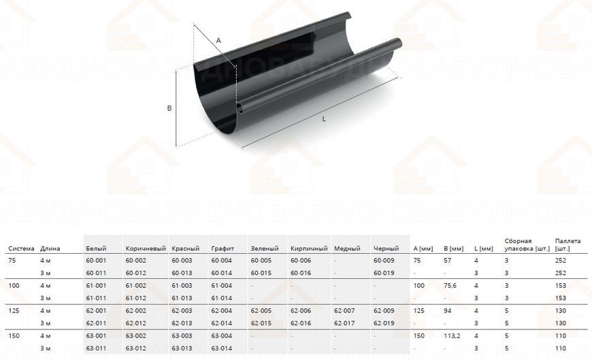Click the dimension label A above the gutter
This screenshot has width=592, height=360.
point(218,40)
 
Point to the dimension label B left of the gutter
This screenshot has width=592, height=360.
point(169,108)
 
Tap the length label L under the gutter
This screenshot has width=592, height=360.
point(324,119)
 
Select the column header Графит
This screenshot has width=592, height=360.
point(223,248)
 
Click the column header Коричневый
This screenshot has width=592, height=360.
point(146,248)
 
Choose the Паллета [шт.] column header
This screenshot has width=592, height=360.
point(568,244)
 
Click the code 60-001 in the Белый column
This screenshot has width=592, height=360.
point(96,260)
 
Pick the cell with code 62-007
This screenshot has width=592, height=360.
point(344,310)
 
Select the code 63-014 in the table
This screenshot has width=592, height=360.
point(222,348)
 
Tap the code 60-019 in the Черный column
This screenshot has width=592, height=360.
point(384,273)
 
